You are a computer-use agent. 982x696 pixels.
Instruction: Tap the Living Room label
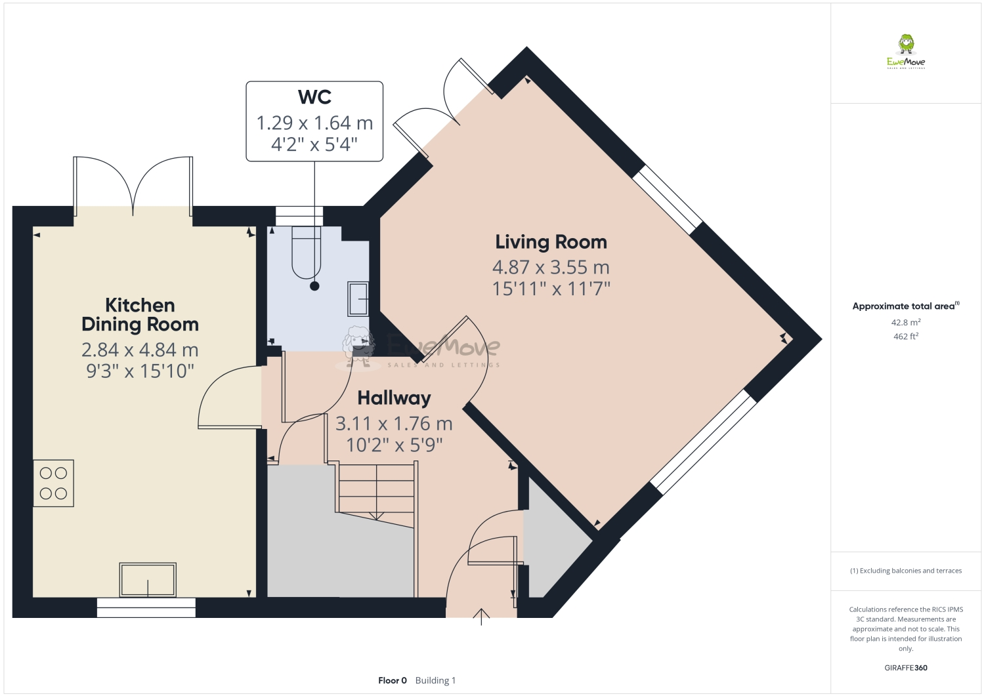[x=551, y=242]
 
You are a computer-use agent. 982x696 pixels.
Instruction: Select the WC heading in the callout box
[x=314, y=97]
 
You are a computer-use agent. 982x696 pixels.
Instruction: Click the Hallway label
[x=394, y=398]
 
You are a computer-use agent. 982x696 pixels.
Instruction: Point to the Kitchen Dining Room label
[x=140, y=315]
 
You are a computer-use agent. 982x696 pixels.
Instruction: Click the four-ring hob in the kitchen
[x=53, y=483]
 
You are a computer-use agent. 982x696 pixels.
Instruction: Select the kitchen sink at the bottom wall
[x=148, y=580]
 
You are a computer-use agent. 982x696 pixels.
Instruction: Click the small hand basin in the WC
[x=358, y=298]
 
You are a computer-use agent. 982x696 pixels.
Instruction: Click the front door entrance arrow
[x=481, y=617]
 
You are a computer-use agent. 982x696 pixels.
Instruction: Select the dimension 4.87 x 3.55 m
[x=551, y=268]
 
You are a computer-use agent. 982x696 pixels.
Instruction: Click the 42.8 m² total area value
[x=906, y=323]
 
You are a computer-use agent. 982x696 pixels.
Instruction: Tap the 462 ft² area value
[x=906, y=337]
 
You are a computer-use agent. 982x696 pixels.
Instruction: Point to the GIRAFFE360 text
[x=906, y=668]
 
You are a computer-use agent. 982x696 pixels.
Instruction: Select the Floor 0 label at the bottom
[x=393, y=680]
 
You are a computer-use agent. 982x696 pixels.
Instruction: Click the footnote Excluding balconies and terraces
[x=906, y=571]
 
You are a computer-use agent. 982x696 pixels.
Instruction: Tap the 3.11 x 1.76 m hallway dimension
[x=394, y=424]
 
